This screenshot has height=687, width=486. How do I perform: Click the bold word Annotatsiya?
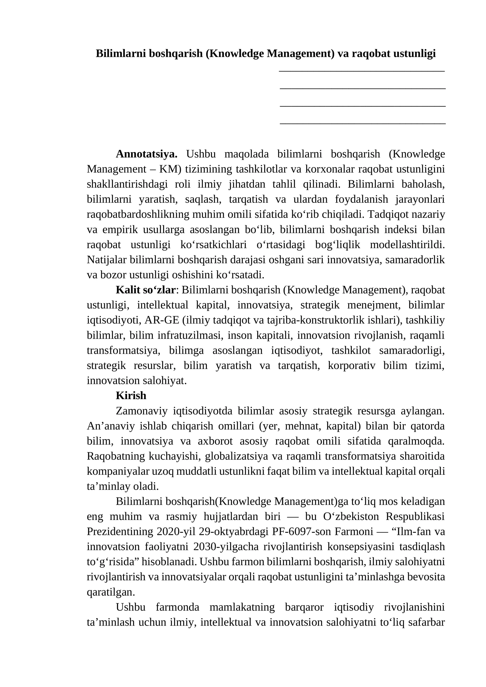click(x=146, y=154)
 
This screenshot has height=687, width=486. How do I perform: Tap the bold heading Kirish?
click(x=131, y=395)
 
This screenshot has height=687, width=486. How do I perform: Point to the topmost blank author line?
click(x=361, y=71)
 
